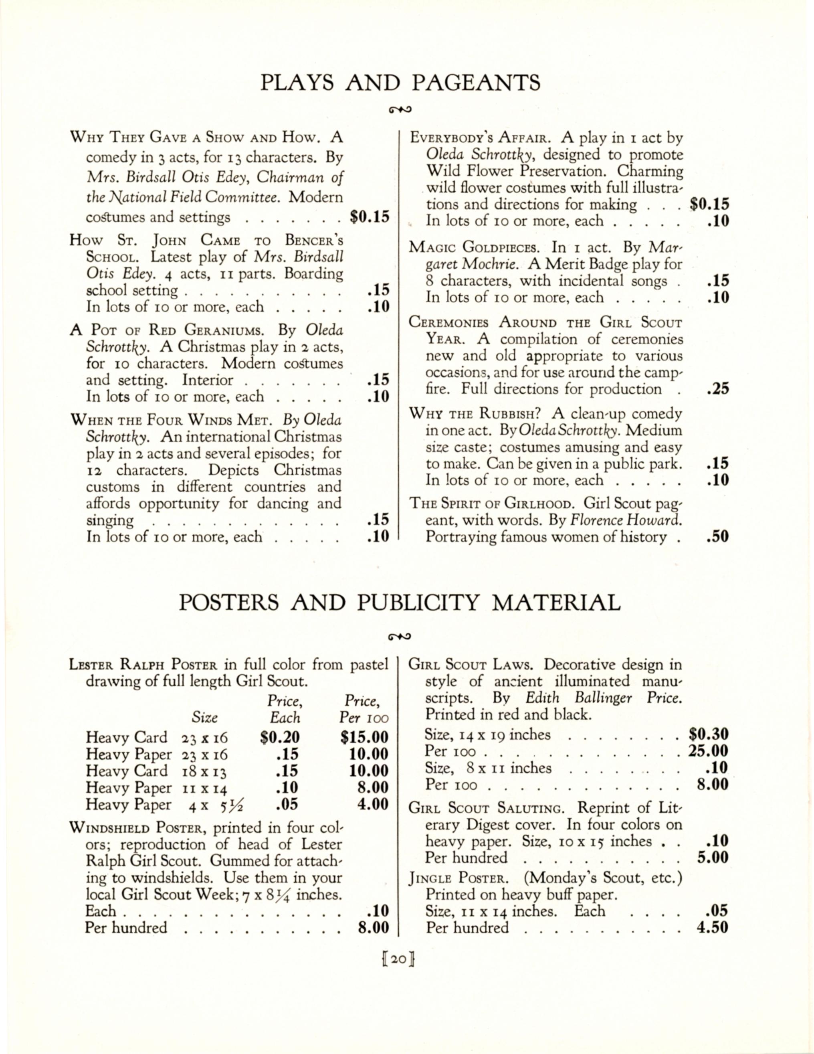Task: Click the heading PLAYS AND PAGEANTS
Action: pos(400,83)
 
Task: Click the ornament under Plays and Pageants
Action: pos(400,109)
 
